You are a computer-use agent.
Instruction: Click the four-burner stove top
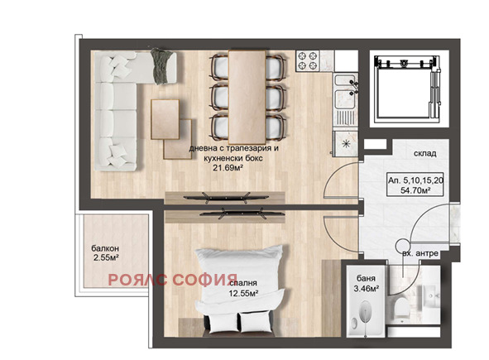click(308, 60)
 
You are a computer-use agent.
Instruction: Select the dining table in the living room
click(247, 97)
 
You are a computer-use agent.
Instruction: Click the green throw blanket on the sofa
click(161, 66)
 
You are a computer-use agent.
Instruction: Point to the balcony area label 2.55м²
click(106, 258)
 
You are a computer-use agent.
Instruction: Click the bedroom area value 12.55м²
click(243, 294)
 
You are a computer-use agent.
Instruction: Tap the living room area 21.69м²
click(228, 169)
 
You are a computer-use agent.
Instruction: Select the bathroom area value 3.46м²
click(366, 289)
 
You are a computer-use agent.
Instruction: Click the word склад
click(424, 154)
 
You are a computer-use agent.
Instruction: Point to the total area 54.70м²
click(415, 190)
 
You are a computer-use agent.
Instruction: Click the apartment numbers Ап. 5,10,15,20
click(416, 180)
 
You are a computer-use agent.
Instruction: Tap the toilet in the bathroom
click(400, 307)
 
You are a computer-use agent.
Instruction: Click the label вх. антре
click(420, 253)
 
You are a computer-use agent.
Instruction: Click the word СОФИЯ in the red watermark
click(205, 280)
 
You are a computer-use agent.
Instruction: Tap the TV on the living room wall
click(226, 198)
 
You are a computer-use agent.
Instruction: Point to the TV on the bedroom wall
click(242, 214)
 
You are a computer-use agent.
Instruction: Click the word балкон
click(105, 248)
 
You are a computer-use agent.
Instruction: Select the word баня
click(366, 279)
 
